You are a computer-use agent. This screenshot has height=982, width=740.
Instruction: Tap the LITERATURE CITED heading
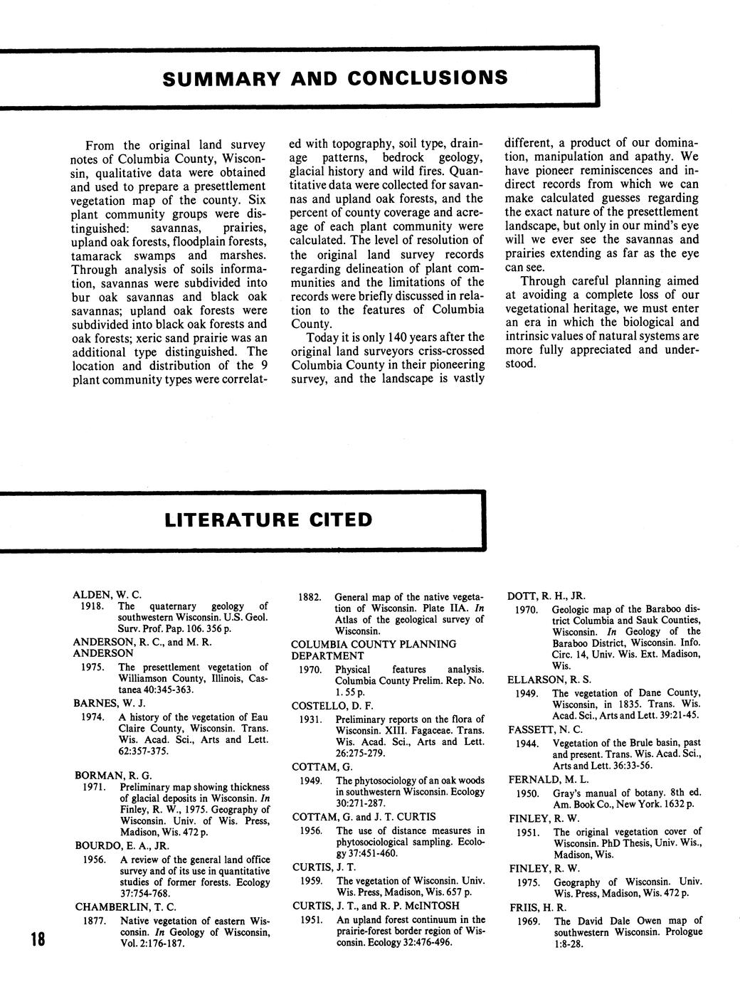268,519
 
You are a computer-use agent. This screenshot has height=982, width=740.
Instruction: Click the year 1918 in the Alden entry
92,606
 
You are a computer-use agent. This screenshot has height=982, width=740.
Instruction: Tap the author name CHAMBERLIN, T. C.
125,907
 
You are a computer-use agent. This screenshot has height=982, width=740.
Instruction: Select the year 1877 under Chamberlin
93,921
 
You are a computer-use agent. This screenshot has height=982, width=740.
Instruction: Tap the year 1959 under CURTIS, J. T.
311,881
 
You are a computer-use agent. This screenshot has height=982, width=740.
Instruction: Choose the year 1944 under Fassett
529,743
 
